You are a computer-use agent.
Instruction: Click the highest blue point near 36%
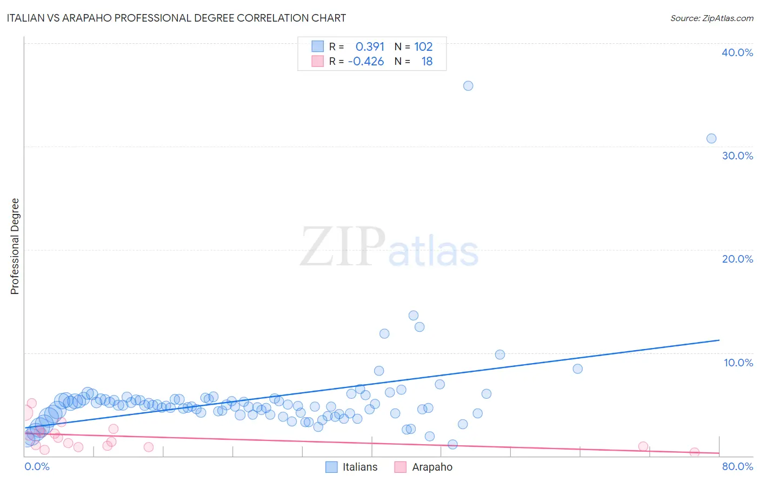coord(468,86)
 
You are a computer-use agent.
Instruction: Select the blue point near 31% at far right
coord(711,138)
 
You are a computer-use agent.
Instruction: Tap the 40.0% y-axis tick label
coord(737,52)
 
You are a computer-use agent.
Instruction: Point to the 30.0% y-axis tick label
coord(737,156)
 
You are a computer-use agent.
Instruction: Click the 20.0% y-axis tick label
coord(737,259)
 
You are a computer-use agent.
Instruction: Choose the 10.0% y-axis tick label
coord(738,363)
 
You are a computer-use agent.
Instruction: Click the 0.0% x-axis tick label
coord(37,466)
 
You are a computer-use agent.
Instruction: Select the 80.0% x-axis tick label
coord(737,466)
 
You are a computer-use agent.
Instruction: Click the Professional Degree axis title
coord(15,246)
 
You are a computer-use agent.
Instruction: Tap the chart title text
coord(176,18)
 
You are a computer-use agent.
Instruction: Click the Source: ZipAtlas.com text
coord(711,18)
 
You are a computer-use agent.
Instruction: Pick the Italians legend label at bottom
coord(360,467)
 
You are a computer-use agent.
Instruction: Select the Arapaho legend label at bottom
coord(432,467)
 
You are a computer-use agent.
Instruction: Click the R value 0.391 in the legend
coord(370,46)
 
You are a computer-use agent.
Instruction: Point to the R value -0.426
coord(366,61)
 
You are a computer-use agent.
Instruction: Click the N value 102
coord(423,46)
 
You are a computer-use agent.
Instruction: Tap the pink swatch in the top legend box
coord(317,61)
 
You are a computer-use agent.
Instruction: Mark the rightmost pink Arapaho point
coord(695,452)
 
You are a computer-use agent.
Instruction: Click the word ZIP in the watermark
coord(343,247)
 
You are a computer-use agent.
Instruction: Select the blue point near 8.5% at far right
coord(577,369)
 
